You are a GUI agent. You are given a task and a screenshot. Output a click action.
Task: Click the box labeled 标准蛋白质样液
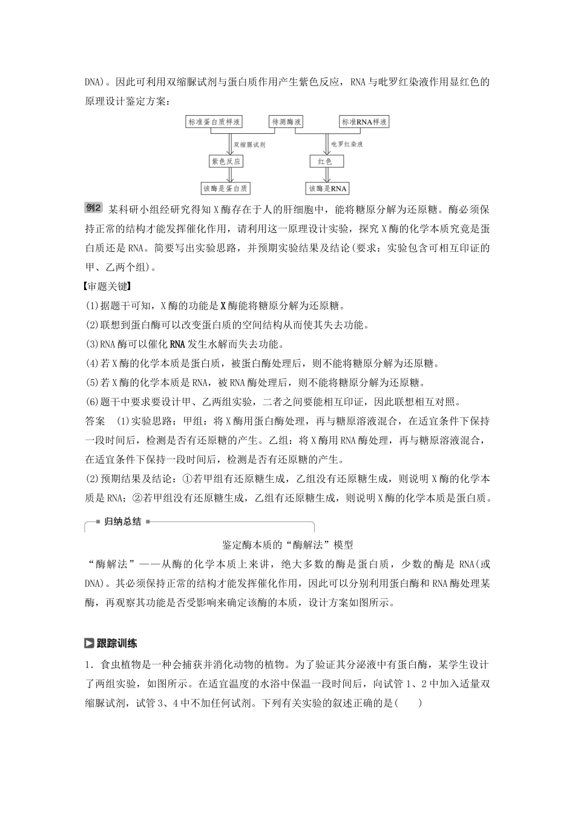coord(214,122)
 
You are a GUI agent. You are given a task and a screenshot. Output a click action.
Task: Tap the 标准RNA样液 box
coord(363,122)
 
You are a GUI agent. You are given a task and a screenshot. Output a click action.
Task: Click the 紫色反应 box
coord(225,161)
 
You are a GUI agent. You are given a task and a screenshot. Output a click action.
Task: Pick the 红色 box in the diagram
coord(327,161)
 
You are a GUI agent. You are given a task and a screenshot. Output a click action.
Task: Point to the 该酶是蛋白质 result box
coord(225,188)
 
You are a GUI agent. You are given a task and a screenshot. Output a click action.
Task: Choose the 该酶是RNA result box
coord(327,188)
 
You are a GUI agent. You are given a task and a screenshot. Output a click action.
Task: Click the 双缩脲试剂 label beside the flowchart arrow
coord(249,145)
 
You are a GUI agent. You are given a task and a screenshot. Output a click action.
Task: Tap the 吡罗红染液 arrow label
coord(347,145)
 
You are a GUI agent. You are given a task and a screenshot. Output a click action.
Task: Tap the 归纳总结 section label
coord(122,521)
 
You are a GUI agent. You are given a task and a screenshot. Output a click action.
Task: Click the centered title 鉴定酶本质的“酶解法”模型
coord(287,544)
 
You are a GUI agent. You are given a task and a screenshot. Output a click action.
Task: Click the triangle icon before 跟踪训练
coord(90,643)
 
